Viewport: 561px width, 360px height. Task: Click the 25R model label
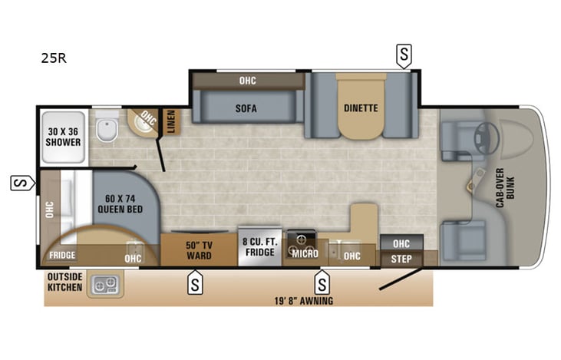click(x=54, y=58)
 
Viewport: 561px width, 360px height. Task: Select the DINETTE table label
click(x=360, y=107)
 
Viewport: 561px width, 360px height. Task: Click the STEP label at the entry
click(x=401, y=259)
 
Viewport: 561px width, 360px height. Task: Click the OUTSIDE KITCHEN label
click(x=64, y=282)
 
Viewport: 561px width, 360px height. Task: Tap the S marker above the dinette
click(x=403, y=54)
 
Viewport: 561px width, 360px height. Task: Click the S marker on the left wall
click(x=20, y=183)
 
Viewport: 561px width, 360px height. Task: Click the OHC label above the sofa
click(x=247, y=79)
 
